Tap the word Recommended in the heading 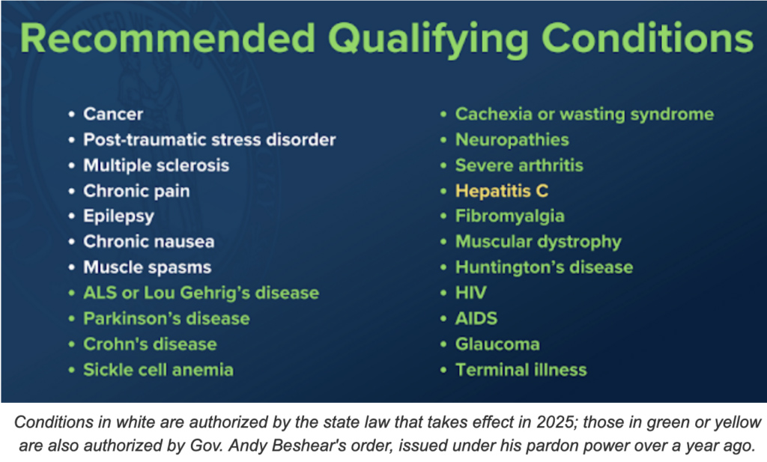click(x=168, y=38)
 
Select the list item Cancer click(x=113, y=114)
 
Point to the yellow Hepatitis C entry click(x=501, y=191)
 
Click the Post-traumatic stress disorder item click(x=210, y=140)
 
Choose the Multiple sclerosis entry click(x=156, y=165)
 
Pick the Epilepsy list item click(x=118, y=216)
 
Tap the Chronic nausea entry click(x=149, y=242)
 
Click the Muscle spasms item click(x=148, y=267)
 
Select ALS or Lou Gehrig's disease click(x=201, y=293)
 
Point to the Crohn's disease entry click(x=150, y=344)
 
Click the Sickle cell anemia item click(x=158, y=370)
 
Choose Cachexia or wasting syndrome click(x=584, y=115)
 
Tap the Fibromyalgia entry click(x=509, y=216)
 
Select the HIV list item click(x=470, y=293)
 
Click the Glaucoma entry click(x=497, y=344)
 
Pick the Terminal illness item click(x=521, y=370)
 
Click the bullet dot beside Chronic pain click(x=72, y=191)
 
